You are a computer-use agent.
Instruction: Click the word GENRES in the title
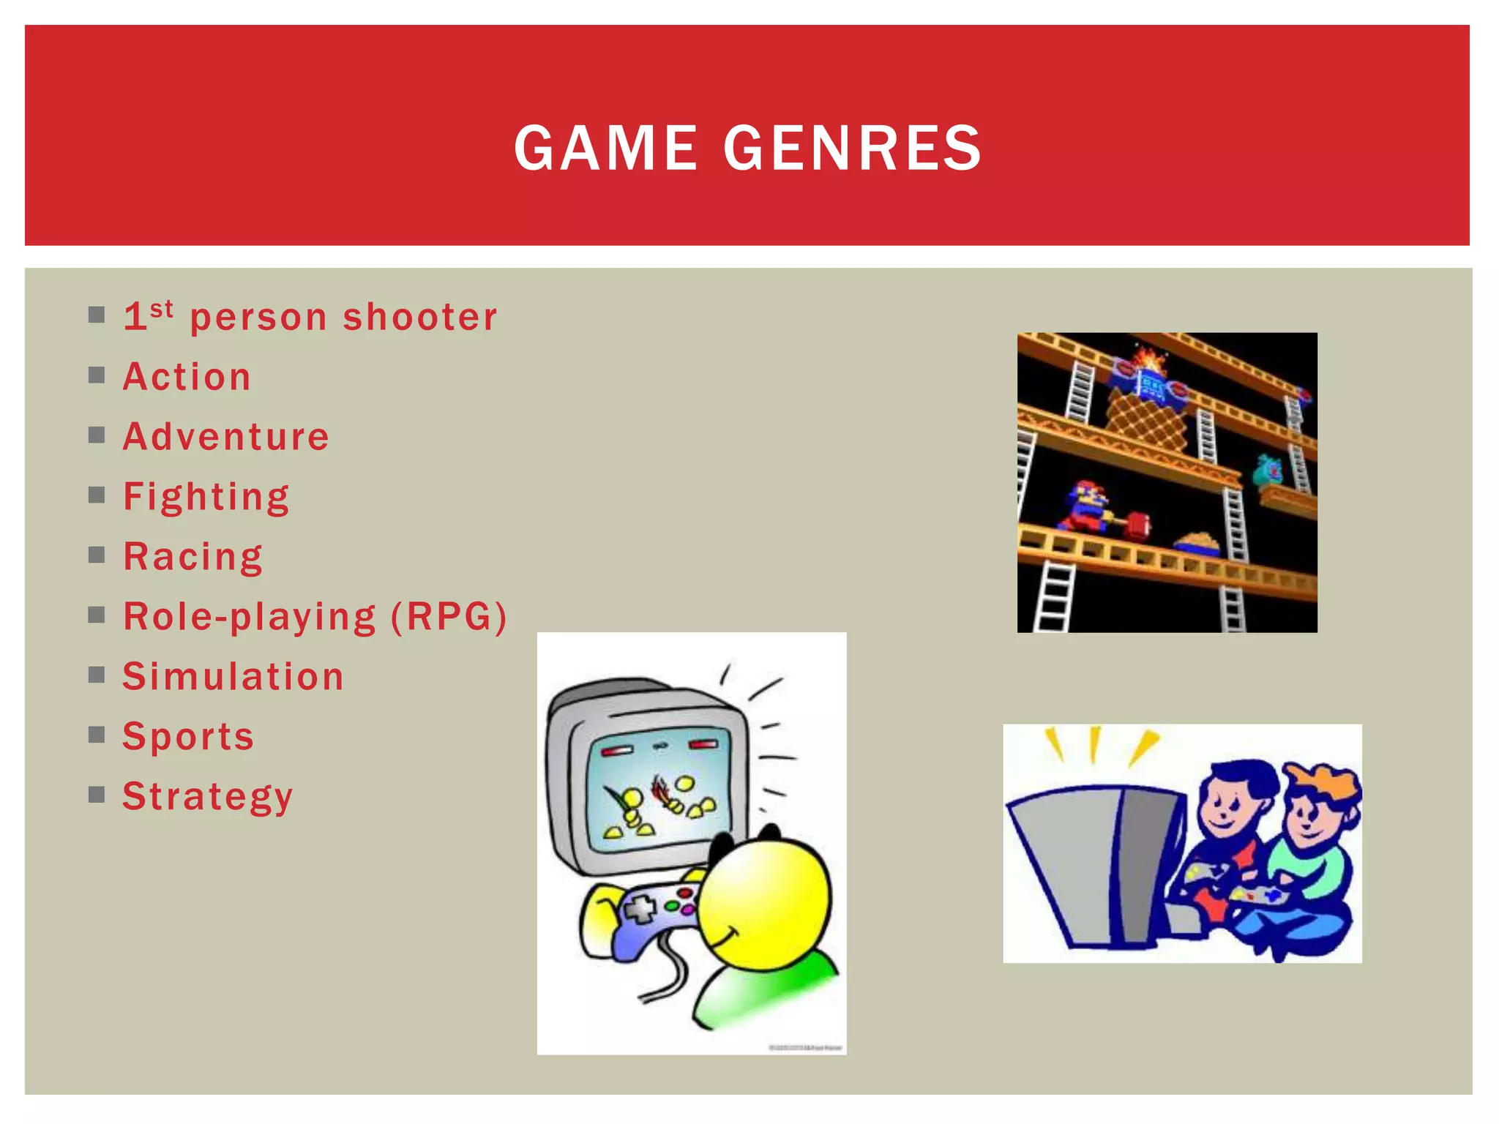point(853,148)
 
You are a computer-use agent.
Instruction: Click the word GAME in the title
point(606,148)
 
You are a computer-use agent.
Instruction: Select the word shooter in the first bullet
point(420,318)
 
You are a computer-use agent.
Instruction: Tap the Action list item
point(187,377)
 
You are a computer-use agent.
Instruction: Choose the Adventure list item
point(226,437)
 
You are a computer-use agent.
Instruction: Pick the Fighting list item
point(206,498)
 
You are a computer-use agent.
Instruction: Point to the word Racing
point(193,558)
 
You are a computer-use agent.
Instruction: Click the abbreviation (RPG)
point(449,617)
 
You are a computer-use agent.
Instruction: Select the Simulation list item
point(233,677)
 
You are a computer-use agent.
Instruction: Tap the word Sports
point(188,736)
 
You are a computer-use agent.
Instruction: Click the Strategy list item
point(208,796)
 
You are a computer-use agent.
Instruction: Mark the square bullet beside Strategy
point(97,795)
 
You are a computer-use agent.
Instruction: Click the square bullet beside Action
point(97,375)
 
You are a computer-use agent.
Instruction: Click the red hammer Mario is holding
point(1137,524)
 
